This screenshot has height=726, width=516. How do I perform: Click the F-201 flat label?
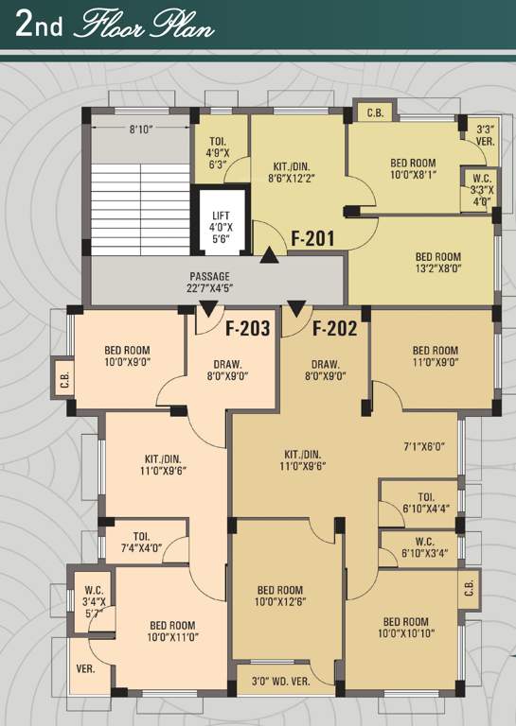[311, 238]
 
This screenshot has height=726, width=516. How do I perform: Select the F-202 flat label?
[333, 329]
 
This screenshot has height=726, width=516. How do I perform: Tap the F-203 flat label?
[248, 329]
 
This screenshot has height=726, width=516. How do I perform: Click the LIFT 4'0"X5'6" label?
[220, 227]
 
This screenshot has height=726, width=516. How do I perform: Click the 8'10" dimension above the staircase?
[141, 128]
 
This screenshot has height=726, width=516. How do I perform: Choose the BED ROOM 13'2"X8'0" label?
[437, 262]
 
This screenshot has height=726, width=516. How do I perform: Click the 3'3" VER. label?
[485, 135]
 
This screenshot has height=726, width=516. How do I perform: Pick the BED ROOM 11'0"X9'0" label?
[435, 355]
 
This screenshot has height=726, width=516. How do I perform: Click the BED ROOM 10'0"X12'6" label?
[280, 595]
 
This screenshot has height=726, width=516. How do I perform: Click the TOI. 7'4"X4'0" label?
[142, 541]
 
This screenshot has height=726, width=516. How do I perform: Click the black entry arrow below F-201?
[270, 253]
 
